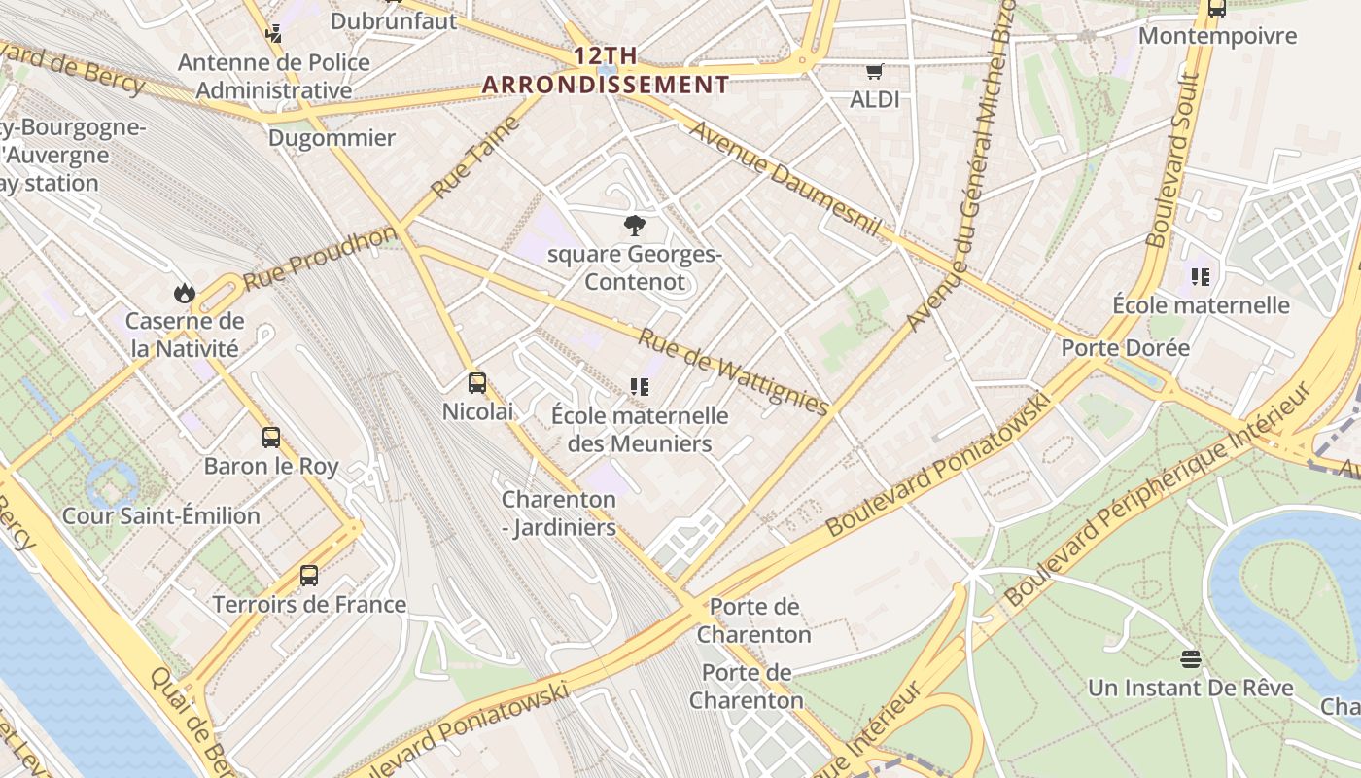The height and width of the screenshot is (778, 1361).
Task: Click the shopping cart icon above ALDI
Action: (x=874, y=71)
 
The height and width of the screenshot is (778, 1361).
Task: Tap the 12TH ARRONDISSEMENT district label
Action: (x=606, y=71)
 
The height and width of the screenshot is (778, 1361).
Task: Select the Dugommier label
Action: (x=332, y=137)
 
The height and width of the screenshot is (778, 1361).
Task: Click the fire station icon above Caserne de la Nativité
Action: (x=184, y=293)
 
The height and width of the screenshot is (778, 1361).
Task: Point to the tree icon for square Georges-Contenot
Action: (x=634, y=227)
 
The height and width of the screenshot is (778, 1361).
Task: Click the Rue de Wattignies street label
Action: (x=733, y=371)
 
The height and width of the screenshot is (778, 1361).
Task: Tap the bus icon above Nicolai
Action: (x=476, y=383)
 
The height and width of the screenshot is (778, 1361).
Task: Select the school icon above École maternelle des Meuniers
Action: (x=639, y=387)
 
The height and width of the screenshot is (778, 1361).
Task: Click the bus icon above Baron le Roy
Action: (x=271, y=438)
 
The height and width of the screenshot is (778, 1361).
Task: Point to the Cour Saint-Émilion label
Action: (x=161, y=515)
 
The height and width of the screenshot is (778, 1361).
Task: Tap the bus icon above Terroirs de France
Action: (x=309, y=576)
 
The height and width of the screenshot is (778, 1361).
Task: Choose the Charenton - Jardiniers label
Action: (x=559, y=513)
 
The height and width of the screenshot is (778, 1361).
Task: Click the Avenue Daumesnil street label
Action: (x=785, y=180)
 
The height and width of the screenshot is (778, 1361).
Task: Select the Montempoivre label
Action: (x=1217, y=36)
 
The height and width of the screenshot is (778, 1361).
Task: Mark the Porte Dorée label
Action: (x=1125, y=347)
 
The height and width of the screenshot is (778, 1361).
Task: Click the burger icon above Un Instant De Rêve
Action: (x=1190, y=659)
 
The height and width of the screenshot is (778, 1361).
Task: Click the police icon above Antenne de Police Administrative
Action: (x=274, y=33)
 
